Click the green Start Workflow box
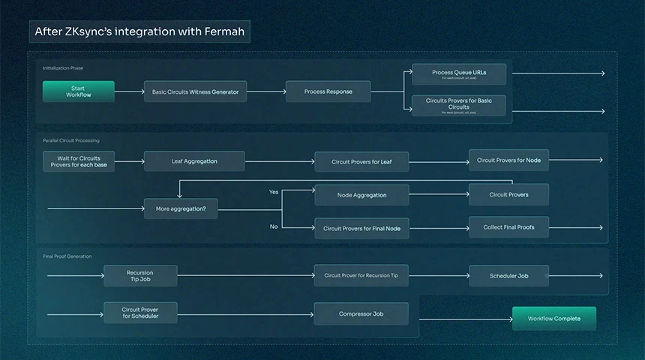click(x=78, y=91)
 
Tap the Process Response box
click(x=328, y=91)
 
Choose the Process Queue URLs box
click(x=459, y=73)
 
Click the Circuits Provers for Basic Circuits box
click(x=459, y=104)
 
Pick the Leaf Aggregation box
click(x=194, y=161)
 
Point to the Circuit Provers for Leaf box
click(x=361, y=161)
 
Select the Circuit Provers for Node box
click(x=508, y=160)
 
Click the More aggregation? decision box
click(x=181, y=208)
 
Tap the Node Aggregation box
click(x=361, y=195)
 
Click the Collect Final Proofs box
click(x=508, y=227)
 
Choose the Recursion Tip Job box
click(x=140, y=276)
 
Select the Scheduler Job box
click(x=508, y=276)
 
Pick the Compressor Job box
click(x=361, y=313)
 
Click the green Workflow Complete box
click(x=553, y=319)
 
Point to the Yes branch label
click(x=274, y=192)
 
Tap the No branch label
click(x=274, y=226)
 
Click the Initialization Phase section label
click(x=63, y=68)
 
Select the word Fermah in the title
click(x=221, y=32)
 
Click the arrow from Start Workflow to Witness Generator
click(x=129, y=91)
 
